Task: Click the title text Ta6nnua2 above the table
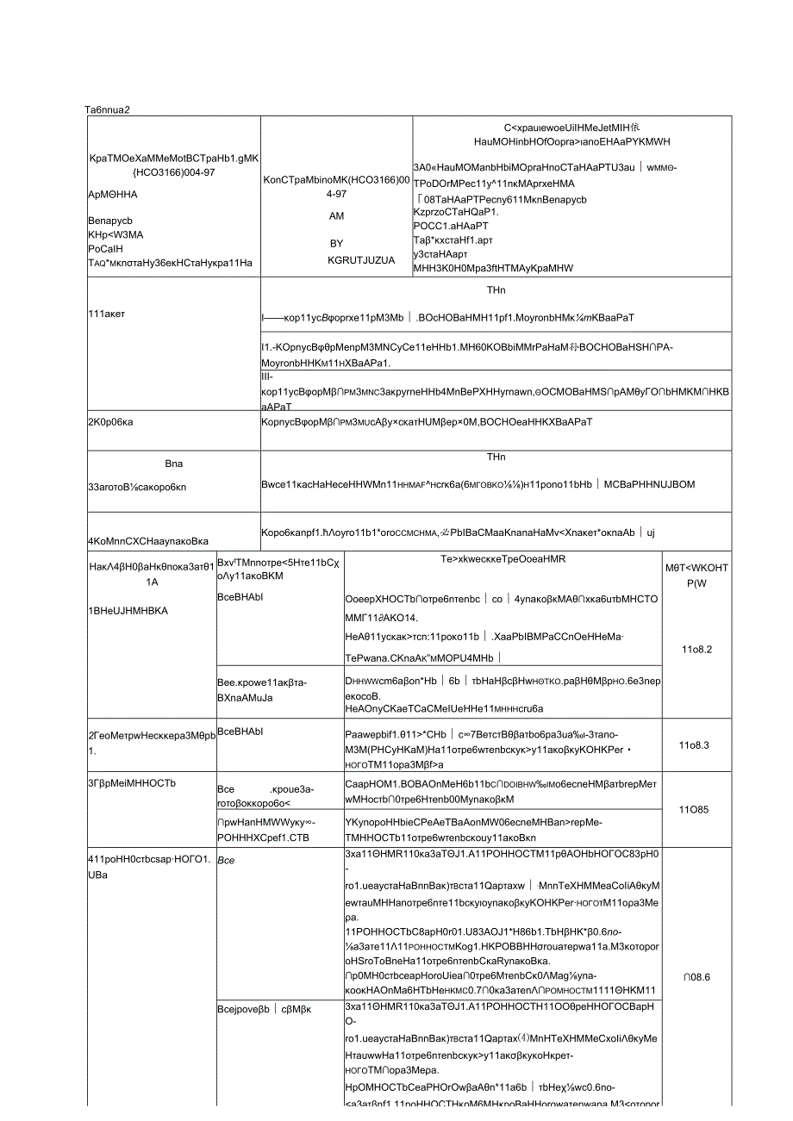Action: pos(108,109)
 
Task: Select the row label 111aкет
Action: pos(107,314)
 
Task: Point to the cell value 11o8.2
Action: pos(697,650)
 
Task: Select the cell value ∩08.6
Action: pos(697,977)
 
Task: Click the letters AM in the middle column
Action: pos(336,219)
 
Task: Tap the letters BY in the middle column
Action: pos(336,243)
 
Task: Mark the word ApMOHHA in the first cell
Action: pos(113,195)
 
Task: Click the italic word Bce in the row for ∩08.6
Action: pos(226,860)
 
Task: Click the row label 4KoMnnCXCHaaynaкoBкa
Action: pos(148,541)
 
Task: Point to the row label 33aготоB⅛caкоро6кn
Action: pos(137,486)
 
